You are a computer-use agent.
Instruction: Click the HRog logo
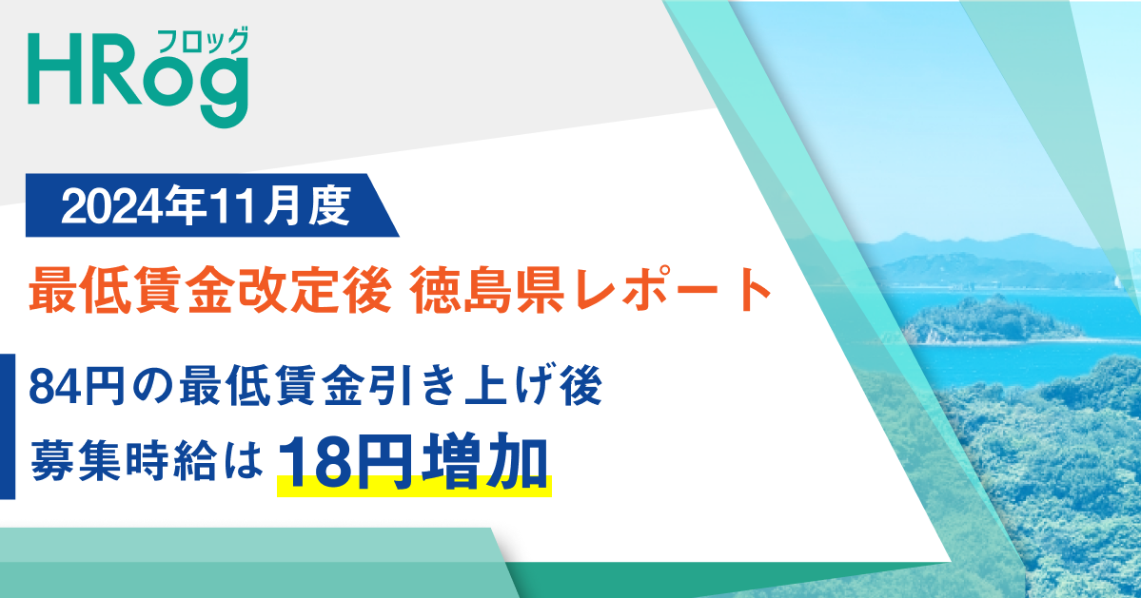(x=139, y=76)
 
